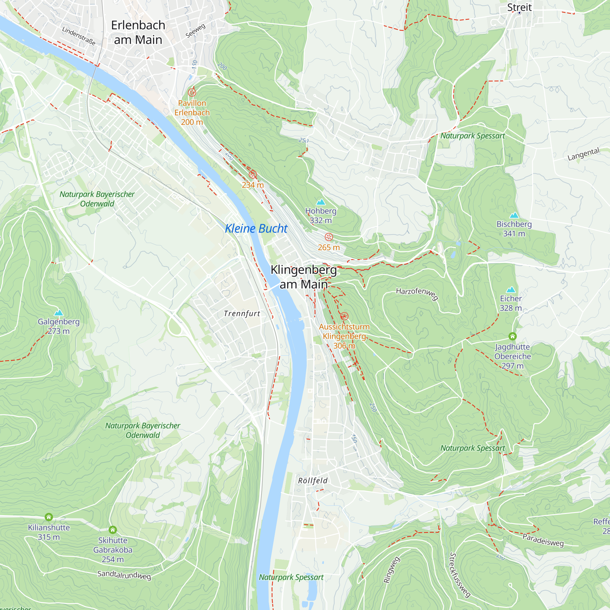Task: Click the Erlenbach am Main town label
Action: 138,33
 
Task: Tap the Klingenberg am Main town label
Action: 304,277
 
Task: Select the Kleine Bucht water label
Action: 256,228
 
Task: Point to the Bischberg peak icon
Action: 514,215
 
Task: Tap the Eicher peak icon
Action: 511,289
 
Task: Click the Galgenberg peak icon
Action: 59,313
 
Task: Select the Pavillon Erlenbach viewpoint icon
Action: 192,92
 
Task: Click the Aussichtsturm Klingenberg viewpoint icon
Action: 344,316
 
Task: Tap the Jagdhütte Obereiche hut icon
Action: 512,336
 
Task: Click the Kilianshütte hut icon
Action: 48,517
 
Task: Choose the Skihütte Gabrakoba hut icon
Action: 113,530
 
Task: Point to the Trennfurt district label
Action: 242,314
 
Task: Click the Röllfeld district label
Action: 313,481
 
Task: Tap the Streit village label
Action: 519,7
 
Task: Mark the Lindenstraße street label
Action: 79,36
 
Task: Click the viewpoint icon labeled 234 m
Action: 253,174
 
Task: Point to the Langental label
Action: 583,154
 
